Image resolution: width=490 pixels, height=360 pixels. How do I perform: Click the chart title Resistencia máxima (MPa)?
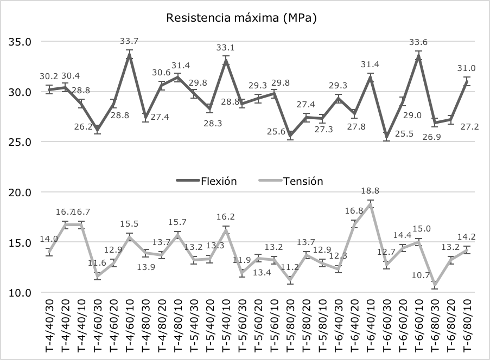(x=241, y=18)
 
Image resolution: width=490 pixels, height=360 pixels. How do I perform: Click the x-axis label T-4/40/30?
(x=50, y=325)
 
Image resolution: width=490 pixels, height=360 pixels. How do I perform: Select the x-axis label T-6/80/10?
(x=466, y=325)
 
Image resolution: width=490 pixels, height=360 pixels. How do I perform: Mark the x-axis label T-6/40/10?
(x=370, y=325)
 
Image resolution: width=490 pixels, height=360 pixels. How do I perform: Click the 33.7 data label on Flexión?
(x=130, y=41)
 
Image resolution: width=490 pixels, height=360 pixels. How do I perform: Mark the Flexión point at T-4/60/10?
(x=130, y=55)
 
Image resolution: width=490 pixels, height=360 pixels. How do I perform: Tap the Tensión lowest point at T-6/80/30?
(x=434, y=285)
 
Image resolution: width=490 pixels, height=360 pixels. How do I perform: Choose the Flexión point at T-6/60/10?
(x=418, y=56)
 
